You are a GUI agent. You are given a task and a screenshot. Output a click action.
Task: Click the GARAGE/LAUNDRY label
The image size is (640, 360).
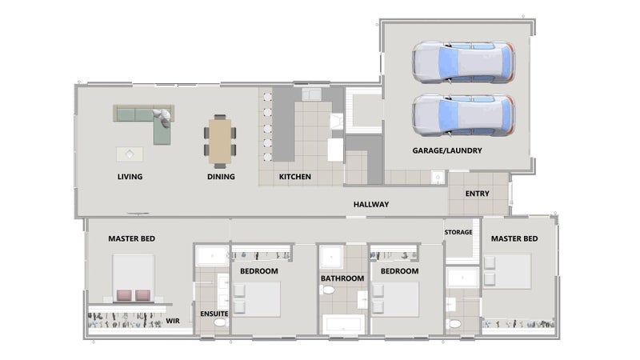(447, 150)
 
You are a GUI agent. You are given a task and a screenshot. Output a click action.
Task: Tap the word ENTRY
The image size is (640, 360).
(477, 194)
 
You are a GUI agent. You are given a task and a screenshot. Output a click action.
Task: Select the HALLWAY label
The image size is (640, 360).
(371, 204)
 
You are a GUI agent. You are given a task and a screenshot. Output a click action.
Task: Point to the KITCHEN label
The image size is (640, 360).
(294, 177)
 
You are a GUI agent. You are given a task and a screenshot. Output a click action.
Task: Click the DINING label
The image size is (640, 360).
(221, 177)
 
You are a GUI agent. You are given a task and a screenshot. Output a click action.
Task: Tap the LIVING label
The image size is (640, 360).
(130, 177)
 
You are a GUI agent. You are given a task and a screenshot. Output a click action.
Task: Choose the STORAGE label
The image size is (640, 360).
(458, 232)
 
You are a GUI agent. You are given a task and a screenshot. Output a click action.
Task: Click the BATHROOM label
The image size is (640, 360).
(342, 278)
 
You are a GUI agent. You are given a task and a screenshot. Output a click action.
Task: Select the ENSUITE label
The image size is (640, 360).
(214, 314)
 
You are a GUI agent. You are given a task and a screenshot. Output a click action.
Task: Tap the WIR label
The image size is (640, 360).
(173, 321)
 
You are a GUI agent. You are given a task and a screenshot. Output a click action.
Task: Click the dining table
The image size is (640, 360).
(220, 142)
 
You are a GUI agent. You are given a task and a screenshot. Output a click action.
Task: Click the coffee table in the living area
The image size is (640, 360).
(130, 154)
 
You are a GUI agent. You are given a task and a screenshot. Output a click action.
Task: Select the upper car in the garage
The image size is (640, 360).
(463, 62)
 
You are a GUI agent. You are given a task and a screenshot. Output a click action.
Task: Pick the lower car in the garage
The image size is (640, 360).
(463, 114)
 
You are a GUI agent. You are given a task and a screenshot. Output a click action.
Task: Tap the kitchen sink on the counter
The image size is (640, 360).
(311, 94)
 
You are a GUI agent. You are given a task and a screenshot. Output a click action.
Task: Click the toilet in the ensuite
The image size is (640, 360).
(219, 322)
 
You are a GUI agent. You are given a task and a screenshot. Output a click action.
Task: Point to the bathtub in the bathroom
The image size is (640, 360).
(344, 324)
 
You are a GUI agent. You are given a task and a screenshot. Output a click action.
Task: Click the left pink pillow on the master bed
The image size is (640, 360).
(124, 295)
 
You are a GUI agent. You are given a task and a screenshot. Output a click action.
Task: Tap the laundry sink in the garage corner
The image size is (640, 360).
(438, 178)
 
